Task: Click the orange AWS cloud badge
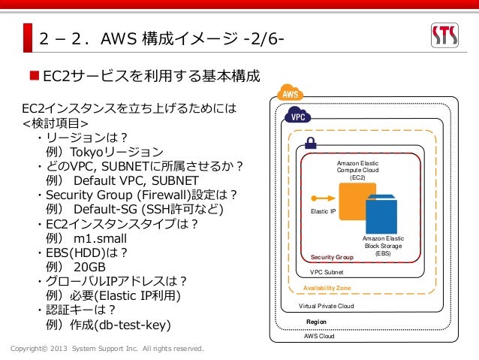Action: (289, 94)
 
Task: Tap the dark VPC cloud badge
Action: (297, 117)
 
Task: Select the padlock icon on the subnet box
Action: (310, 142)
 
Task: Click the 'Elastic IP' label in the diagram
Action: (323, 212)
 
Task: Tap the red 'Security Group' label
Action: (332, 257)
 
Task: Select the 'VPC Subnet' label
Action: (327, 272)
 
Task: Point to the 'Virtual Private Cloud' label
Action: (326, 306)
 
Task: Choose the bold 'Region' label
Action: (316, 322)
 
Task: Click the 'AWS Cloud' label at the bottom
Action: (319, 337)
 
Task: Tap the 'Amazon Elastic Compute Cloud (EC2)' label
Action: (357, 170)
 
